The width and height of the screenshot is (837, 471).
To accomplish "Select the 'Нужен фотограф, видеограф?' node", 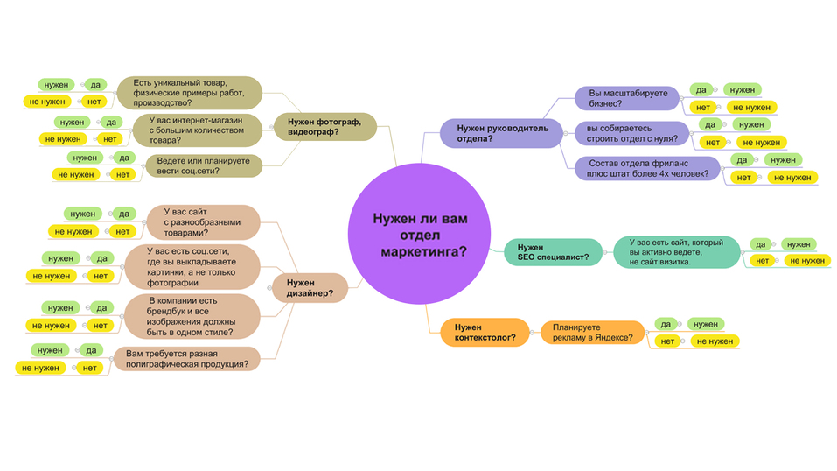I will (x=324, y=126).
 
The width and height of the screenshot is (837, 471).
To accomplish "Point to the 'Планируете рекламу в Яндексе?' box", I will (x=593, y=332).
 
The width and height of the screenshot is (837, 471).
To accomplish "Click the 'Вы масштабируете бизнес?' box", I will (x=627, y=98).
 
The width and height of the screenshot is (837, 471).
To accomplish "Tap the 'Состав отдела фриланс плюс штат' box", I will (x=647, y=168).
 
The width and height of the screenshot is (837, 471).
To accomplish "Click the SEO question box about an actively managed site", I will (x=671, y=252).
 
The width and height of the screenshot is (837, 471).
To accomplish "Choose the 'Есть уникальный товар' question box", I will (x=190, y=92).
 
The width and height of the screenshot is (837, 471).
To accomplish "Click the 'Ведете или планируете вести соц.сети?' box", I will (x=203, y=165).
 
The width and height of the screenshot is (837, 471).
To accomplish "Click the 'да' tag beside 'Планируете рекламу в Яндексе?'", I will (x=666, y=324).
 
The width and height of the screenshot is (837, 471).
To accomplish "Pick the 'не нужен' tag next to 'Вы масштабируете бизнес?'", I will (x=745, y=107).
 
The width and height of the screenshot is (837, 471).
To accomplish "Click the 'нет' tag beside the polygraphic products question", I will (x=89, y=368).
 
